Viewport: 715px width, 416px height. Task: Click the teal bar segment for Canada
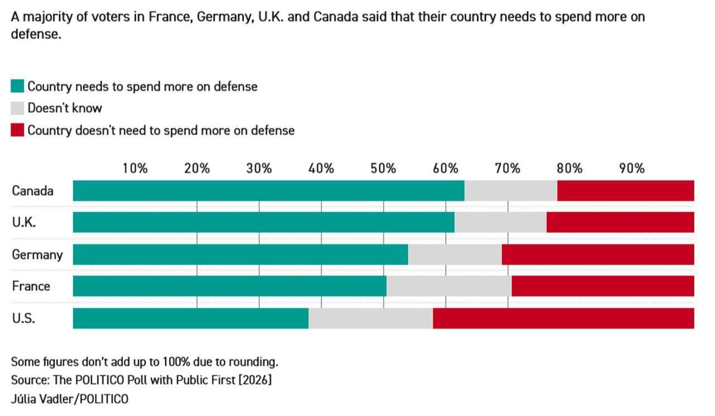tap(268, 191)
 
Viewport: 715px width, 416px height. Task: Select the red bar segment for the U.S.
tap(563, 318)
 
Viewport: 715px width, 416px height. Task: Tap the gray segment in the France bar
tap(449, 286)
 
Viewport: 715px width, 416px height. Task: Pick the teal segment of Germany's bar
tap(240, 255)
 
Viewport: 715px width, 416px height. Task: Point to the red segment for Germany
tap(598, 255)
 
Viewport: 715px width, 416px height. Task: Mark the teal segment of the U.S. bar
tap(190, 318)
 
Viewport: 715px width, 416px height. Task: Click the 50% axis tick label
tap(383, 168)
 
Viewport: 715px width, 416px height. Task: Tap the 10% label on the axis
tap(135, 168)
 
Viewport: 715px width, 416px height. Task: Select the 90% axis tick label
tap(631, 168)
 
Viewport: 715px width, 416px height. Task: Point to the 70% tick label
tap(507, 168)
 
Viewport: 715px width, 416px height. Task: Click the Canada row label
tap(32, 191)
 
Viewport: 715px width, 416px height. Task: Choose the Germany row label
tap(37, 255)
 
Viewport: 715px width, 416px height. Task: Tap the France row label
tap(31, 286)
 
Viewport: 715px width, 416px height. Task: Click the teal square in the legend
tap(17, 87)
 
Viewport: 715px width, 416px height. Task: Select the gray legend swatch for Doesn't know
tap(17, 108)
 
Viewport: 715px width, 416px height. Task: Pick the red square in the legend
tap(17, 131)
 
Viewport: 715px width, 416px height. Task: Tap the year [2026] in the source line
tap(255, 380)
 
